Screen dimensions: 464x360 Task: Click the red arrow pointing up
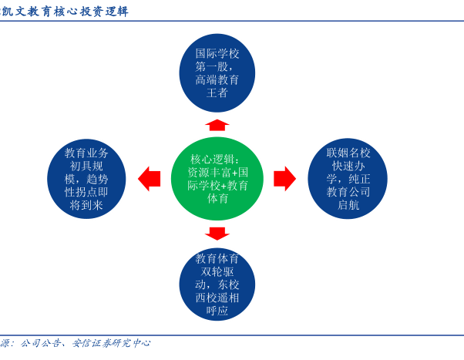217,125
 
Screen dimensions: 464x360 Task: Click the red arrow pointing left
150,179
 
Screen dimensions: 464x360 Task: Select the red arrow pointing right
284,179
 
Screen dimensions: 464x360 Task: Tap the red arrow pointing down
217,234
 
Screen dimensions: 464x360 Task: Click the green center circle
217,179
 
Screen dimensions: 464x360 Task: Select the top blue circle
217,72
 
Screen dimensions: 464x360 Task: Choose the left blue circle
86,179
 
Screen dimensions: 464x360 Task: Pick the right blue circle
348,179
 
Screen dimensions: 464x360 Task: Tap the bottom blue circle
217,284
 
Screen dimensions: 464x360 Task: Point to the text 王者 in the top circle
217,93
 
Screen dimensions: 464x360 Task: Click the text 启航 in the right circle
348,205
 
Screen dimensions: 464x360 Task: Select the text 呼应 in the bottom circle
217,311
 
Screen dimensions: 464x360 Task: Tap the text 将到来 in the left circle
86,205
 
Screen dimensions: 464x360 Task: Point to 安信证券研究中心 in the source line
111,343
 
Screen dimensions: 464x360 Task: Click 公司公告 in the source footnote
40,343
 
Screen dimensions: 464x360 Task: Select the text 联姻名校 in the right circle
348,153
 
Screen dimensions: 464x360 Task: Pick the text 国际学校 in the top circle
217,54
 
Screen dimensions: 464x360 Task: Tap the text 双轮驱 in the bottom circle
217,271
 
